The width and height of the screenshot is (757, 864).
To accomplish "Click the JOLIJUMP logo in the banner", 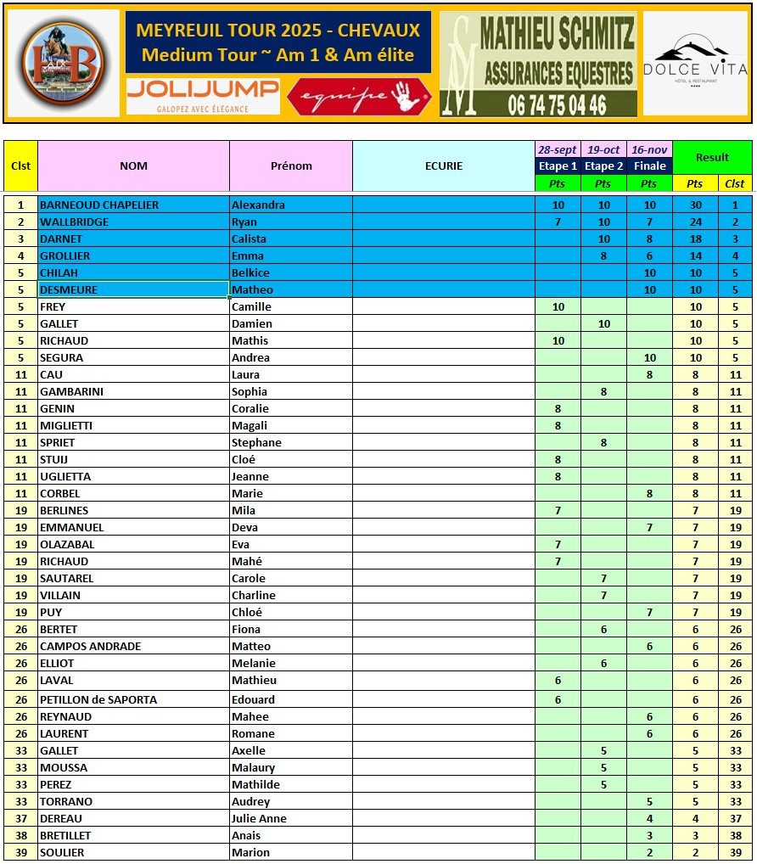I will (x=203, y=95).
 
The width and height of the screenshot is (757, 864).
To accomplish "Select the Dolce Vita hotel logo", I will (x=695, y=63).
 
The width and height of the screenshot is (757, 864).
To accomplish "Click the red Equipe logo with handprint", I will (x=360, y=96).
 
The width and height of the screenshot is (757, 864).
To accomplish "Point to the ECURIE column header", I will (x=444, y=166).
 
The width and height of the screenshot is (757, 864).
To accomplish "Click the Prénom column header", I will (x=291, y=166).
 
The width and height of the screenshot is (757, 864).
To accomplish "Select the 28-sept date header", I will (x=558, y=149).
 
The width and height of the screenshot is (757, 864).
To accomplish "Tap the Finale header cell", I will (x=649, y=166).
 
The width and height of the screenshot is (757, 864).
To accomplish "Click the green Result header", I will (x=712, y=157).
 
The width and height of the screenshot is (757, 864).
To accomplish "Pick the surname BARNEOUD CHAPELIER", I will (x=99, y=205).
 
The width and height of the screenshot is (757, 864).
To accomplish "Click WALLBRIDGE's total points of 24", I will (x=695, y=222).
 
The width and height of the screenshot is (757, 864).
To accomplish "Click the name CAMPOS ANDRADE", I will (x=91, y=646).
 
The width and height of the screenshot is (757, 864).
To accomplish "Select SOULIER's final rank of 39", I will (x=735, y=852).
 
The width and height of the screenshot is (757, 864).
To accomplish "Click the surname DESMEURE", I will (x=69, y=289).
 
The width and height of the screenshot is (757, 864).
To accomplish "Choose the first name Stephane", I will (x=256, y=442).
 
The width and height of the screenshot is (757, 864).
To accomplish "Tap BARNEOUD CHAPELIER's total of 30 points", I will (x=695, y=205).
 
